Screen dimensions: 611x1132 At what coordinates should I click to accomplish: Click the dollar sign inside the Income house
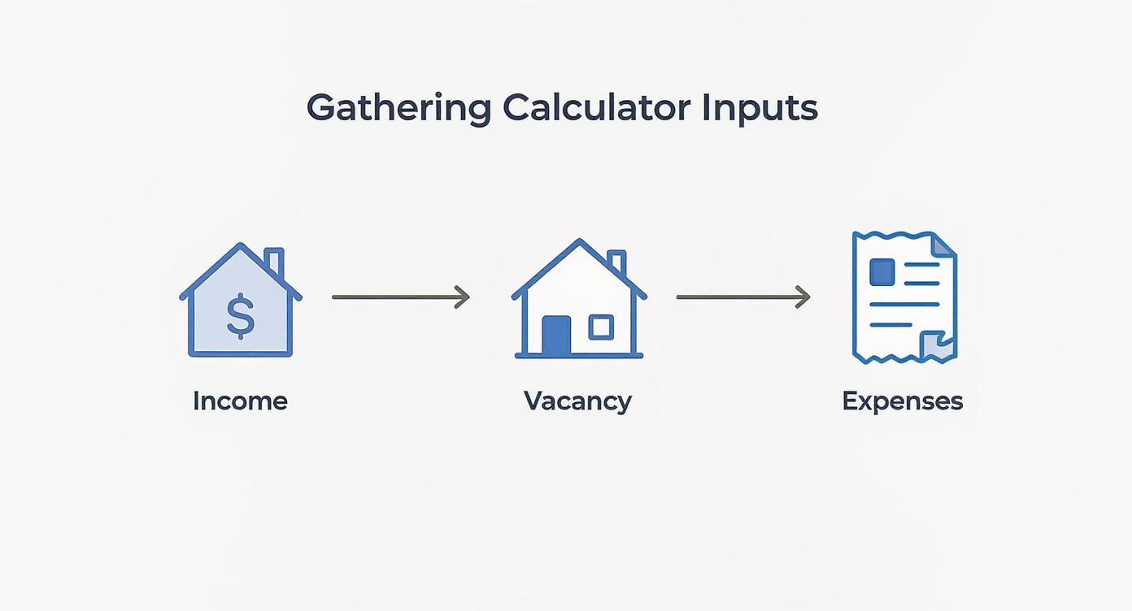(240, 316)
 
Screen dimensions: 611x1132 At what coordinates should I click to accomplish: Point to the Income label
(240, 401)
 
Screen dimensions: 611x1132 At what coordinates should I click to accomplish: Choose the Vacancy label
(577, 401)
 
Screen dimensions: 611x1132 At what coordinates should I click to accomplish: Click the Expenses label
(902, 401)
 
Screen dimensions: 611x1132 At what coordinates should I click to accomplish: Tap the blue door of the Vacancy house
(556, 334)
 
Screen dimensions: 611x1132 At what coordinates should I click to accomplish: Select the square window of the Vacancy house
(601, 327)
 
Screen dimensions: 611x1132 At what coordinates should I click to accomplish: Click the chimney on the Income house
(275, 262)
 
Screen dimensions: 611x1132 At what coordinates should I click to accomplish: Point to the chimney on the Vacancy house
(616, 262)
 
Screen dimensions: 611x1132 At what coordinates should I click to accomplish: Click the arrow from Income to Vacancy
(400, 297)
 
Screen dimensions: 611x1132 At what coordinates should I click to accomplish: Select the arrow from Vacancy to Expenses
(742, 297)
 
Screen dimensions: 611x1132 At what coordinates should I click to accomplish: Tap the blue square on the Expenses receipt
(882, 271)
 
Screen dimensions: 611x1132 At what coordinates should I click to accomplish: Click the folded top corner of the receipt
(943, 243)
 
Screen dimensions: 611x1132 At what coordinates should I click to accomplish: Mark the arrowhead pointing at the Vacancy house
(463, 297)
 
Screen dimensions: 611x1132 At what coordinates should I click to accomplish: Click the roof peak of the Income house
(241, 245)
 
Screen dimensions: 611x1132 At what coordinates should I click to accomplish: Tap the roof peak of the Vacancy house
(579, 241)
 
